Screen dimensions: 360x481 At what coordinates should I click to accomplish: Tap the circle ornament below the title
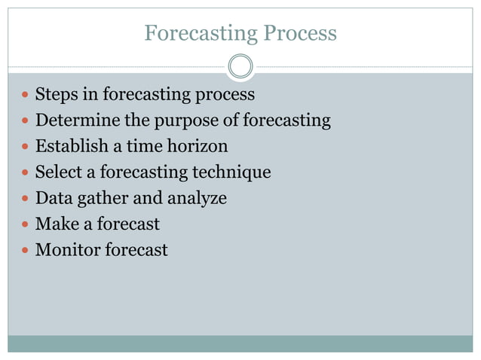(240, 67)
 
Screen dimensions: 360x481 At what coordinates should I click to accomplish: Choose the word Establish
(68, 146)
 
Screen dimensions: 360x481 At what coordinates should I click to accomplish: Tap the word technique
(230, 172)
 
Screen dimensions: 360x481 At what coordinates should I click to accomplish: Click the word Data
(52, 198)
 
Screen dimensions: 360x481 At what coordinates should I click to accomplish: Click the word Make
(54, 224)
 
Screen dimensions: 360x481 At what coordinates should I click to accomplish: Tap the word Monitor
(65, 249)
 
